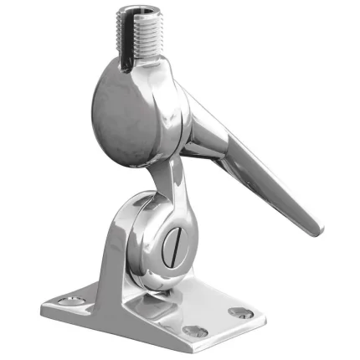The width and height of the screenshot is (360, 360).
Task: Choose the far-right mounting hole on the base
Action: point(241,312)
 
